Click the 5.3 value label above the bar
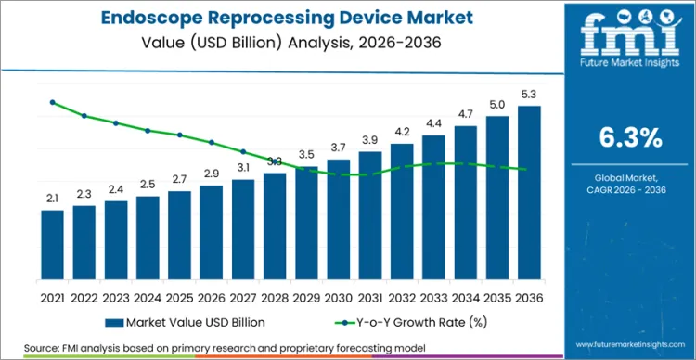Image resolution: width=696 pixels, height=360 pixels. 529,94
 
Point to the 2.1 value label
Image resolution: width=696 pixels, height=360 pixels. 53,199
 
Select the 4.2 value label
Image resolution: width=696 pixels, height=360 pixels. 402,132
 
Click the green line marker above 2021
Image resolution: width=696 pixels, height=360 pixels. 53,102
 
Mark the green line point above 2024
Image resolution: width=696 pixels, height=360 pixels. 148,131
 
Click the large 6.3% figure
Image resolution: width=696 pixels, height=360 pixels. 630,138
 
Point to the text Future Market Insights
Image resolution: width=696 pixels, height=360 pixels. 630,66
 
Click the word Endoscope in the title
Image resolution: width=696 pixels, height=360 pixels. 152,17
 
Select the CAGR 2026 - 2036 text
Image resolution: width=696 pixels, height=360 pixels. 630,191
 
